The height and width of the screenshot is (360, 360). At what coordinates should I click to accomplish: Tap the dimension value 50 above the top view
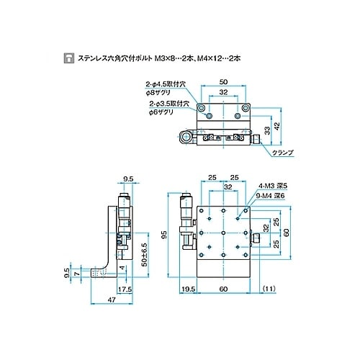click(x=223, y=83)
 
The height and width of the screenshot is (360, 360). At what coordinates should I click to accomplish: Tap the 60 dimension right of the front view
click(x=286, y=233)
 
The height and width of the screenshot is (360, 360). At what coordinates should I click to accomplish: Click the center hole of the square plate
click(x=223, y=233)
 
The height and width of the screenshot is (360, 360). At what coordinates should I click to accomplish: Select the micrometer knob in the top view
click(x=189, y=138)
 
